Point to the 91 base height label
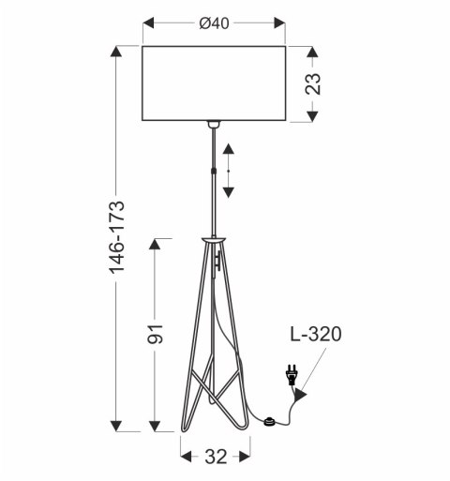coord(156,334)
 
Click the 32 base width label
coord(216,457)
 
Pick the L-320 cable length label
coord(315,334)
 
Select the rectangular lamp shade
coord(215,83)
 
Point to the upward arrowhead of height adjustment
coord(229,147)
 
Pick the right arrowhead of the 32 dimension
coord(246,457)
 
